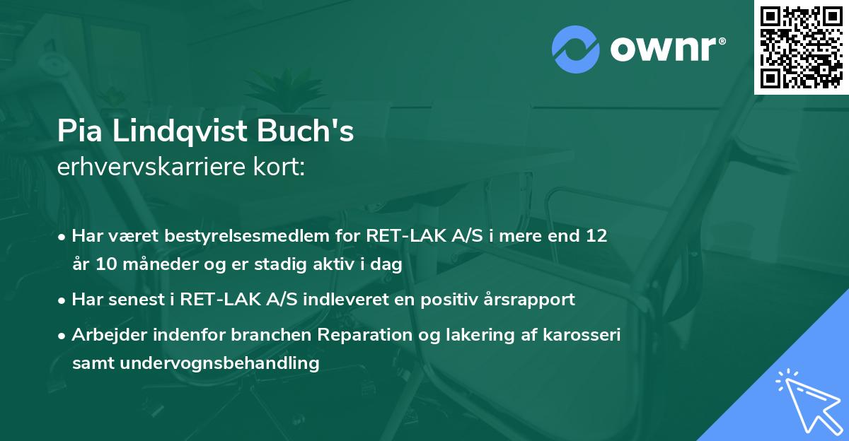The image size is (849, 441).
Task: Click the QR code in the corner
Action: [x=802, y=47]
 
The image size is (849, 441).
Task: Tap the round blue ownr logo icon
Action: [x=576, y=48]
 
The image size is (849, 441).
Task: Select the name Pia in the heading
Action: [x=76, y=132]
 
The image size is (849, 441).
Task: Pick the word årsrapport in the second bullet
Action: [x=533, y=299]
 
